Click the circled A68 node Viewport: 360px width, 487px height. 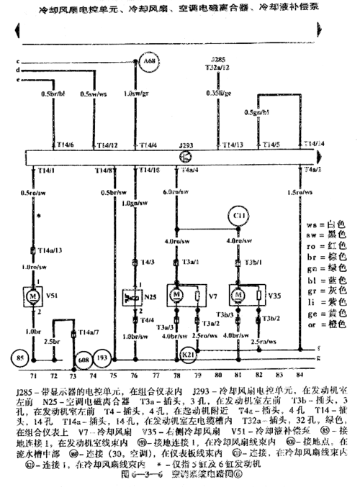(x=150, y=63)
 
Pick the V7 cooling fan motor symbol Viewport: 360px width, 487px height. (x=176, y=295)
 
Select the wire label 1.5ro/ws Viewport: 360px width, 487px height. (x=314, y=193)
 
